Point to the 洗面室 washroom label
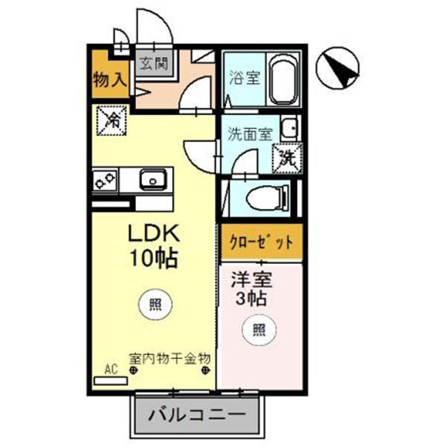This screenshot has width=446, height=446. (x=250, y=135)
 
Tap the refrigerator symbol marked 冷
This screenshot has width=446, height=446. (x=111, y=119)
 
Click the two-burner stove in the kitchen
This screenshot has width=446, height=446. (x=104, y=179)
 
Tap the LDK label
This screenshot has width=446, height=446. (x=154, y=235)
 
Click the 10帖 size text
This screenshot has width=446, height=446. (x=154, y=259)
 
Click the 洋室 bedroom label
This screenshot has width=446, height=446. (x=251, y=282)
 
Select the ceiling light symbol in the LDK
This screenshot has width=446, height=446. (x=154, y=303)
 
